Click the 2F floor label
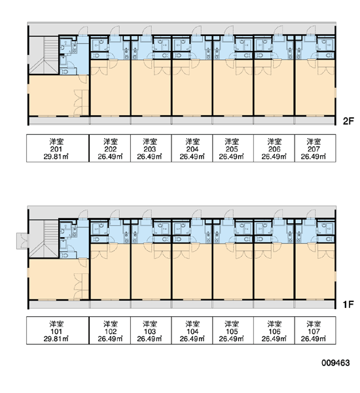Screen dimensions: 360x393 [x=348, y=121]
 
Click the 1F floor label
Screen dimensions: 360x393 [x=348, y=305]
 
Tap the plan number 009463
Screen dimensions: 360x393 [x=335, y=363]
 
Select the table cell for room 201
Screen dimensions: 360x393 [x=58, y=149]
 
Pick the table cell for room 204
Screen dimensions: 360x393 [x=192, y=149]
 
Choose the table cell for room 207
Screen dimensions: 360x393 [x=315, y=149]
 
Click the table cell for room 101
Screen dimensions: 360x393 [x=58, y=331]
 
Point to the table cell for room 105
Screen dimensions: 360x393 [x=233, y=331]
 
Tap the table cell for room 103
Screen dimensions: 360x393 [x=151, y=331]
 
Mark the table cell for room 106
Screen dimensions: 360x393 [x=274, y=331]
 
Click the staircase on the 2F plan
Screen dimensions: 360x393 [x=44, y=55]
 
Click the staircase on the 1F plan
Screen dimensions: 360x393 [x=44, y=239]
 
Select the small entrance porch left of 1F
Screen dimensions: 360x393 [x=22, y=241]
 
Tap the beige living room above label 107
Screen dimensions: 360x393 [x=315, y=272]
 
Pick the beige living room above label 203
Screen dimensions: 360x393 [x=151, y=88]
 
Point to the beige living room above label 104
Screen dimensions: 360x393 [x=192, y=272]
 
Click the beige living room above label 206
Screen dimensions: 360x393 [x=274, y=88]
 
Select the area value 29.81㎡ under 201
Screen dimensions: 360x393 [x=56, y=157]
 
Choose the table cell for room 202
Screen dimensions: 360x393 [x=110, y=149]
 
